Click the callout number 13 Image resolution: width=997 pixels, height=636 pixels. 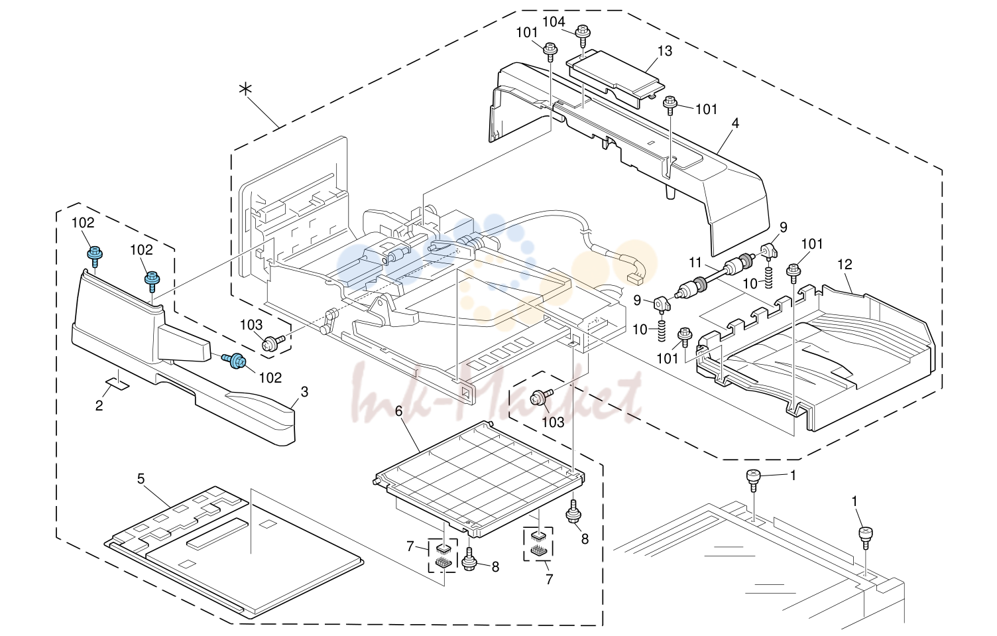(x=664, y=51)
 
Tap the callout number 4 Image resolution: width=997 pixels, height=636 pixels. (x=735, y=123)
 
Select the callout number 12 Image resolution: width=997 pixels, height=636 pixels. (x=845, y=265)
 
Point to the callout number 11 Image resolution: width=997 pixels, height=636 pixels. (x=695, y=263)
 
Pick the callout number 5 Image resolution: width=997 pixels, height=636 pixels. (x=141, y=479)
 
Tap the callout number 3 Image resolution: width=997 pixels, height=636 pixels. (x=304, y=392)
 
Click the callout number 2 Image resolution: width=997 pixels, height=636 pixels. (x=99, y=405)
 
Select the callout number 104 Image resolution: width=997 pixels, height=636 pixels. (x=554, y=21)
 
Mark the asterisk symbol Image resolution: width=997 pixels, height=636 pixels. (x=245, y=89)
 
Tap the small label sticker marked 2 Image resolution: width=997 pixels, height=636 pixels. (x=117, y=383)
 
